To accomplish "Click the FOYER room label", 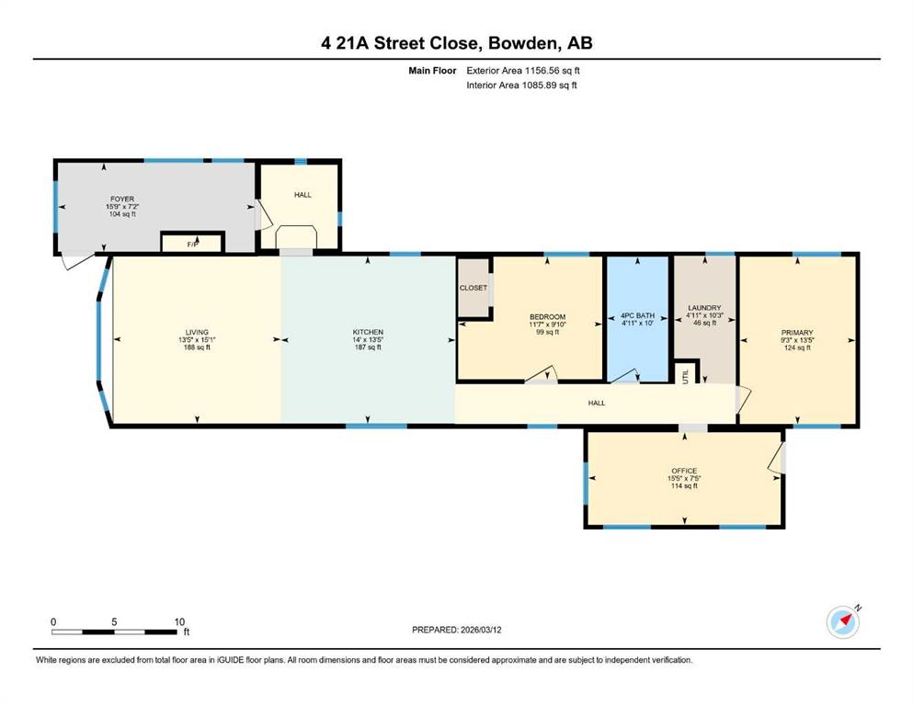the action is point(122,199).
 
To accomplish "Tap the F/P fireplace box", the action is point(192,243).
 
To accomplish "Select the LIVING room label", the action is point(197,333).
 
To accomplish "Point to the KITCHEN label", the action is point(368,333).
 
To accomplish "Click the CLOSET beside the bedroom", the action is point(474,288).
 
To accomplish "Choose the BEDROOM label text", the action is point(547,317).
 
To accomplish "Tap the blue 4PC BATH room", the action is point(637,319).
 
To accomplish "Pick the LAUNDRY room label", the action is point(704,308).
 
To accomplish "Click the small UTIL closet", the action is point(687,372).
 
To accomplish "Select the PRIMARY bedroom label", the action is point(797,333).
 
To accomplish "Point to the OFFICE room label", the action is point(684,471).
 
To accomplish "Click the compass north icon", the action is point(843,621).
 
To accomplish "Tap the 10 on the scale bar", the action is point(179,621).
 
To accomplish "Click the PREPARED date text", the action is point(456,630).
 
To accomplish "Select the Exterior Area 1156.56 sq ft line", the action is point(523,71).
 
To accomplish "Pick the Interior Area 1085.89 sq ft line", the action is point(521,85).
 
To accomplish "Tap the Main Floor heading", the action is point(432,71).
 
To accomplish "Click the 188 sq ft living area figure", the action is point(197,347).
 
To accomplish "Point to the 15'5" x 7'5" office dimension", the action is point(684,478).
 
